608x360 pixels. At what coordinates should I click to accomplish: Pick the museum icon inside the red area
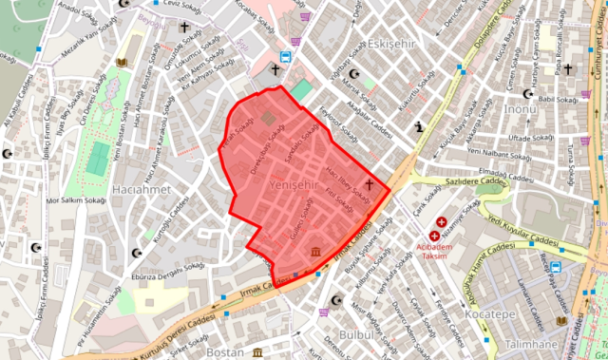click(314, 252)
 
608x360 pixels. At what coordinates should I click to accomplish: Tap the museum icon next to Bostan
click(258, 352)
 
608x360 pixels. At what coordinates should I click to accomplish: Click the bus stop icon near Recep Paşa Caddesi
click(556, 267)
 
